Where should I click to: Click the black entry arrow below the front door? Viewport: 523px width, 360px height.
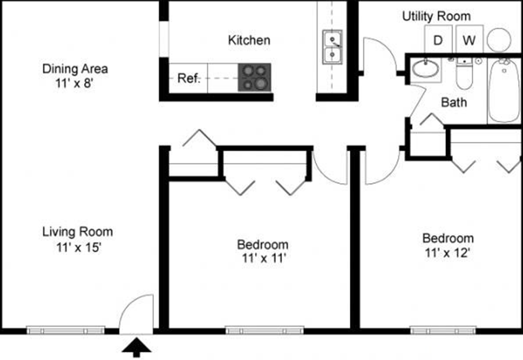pyautogui.click(x=137, y=348)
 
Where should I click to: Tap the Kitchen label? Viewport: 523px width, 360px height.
pyautogui.click(x=249, y=40)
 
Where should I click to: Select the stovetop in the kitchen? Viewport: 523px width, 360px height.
pyautogui.click(x=254, y=77)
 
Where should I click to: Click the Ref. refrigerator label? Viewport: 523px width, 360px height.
pyautogui.click(x=189, y=78)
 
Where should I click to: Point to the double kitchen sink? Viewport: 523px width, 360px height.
pyautogui.click(x=332, y=47)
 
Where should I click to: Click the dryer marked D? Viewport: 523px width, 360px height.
pyautogui.click(x=438, y=39)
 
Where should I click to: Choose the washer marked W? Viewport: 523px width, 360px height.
pyautogui.click(x=469, y=39)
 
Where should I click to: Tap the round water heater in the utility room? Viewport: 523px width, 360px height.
pyautogui.click(x=499, y=40)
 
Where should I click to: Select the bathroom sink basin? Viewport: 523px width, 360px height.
pyautogui.click(x=426, y=69)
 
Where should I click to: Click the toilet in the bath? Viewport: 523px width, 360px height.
pyautogui.click(x=464, y=74)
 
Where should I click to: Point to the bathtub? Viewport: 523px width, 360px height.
pyautogui.click(x=504, y=91)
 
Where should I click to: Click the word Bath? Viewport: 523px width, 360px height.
pyautogui.click(x=454, y=102)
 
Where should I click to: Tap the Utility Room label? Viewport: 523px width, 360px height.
pyautogui.click(x=436, y=16)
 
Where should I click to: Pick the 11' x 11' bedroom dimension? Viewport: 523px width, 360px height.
pyautogui.click(x=263, y=258)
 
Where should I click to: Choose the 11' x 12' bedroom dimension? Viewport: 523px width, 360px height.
pyautogui.click(x=447, y=253)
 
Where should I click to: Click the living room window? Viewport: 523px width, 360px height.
pyautogui.click(x=66, y=331)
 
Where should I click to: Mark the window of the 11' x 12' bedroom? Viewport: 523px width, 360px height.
pyautogui.click(x=443, y=331)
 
